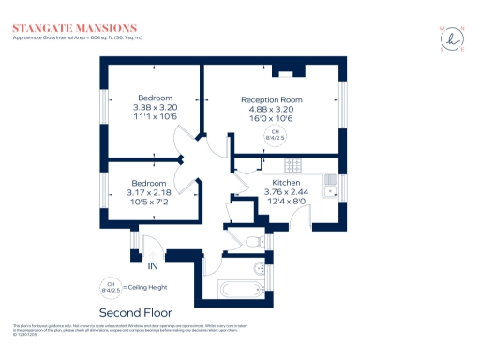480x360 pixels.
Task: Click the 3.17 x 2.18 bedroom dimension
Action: pyautogui.click(x=148, y=192)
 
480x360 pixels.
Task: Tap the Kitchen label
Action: pyautogui.click(x=285, y=183)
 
